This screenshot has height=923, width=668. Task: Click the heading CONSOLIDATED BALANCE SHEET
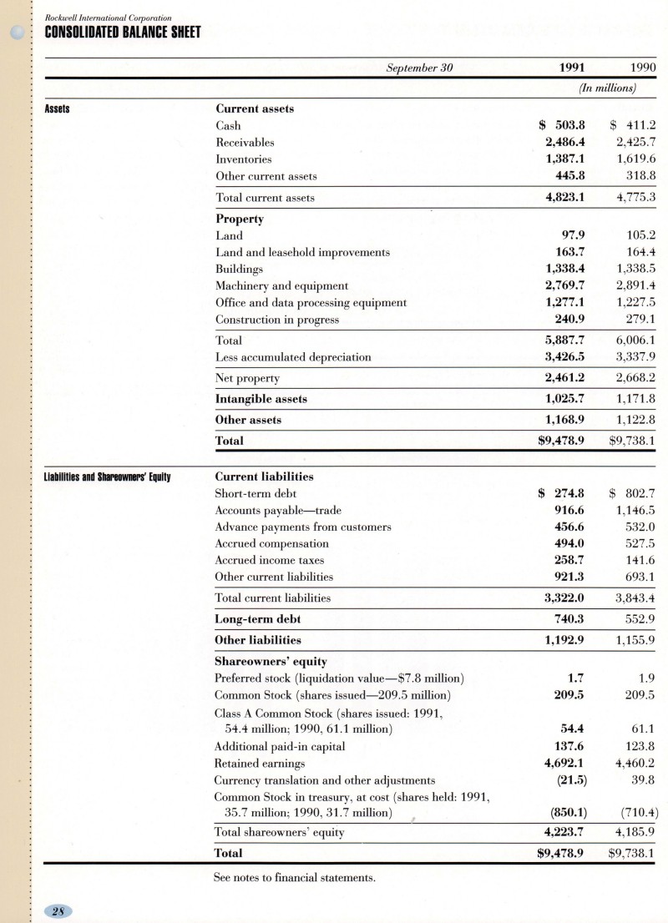coord(122,33)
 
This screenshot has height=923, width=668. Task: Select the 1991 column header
coord(569,68)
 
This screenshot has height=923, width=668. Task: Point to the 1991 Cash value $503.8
coord(562,126)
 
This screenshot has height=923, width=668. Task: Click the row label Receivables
coord(245,143)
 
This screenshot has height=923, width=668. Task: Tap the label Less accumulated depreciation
coord(293,357)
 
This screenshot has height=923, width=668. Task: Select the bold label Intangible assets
coord(261,399)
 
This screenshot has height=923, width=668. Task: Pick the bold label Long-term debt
coord(258,619)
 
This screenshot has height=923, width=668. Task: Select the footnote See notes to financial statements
coord(296,877)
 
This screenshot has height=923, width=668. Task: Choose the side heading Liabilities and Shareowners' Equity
coord(107,477)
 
